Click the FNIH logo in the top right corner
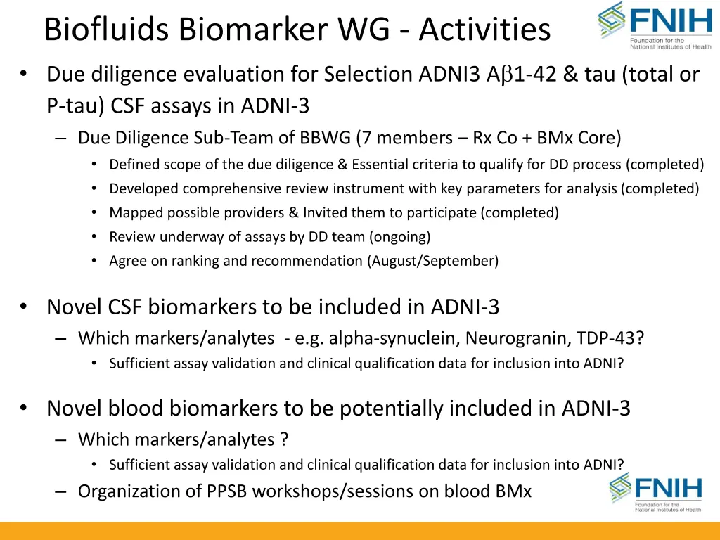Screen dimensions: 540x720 click(x=655, y=26)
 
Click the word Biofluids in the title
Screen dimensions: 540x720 click(x=105, y=30)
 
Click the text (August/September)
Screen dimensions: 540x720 click(x=432, y=261)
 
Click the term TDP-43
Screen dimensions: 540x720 click(x=612, y=338)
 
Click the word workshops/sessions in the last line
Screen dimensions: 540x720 click(x=333, y=491)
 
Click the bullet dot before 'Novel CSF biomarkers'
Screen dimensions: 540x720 click(x=24, y=307)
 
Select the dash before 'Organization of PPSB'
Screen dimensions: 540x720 click(x=61, y=491)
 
